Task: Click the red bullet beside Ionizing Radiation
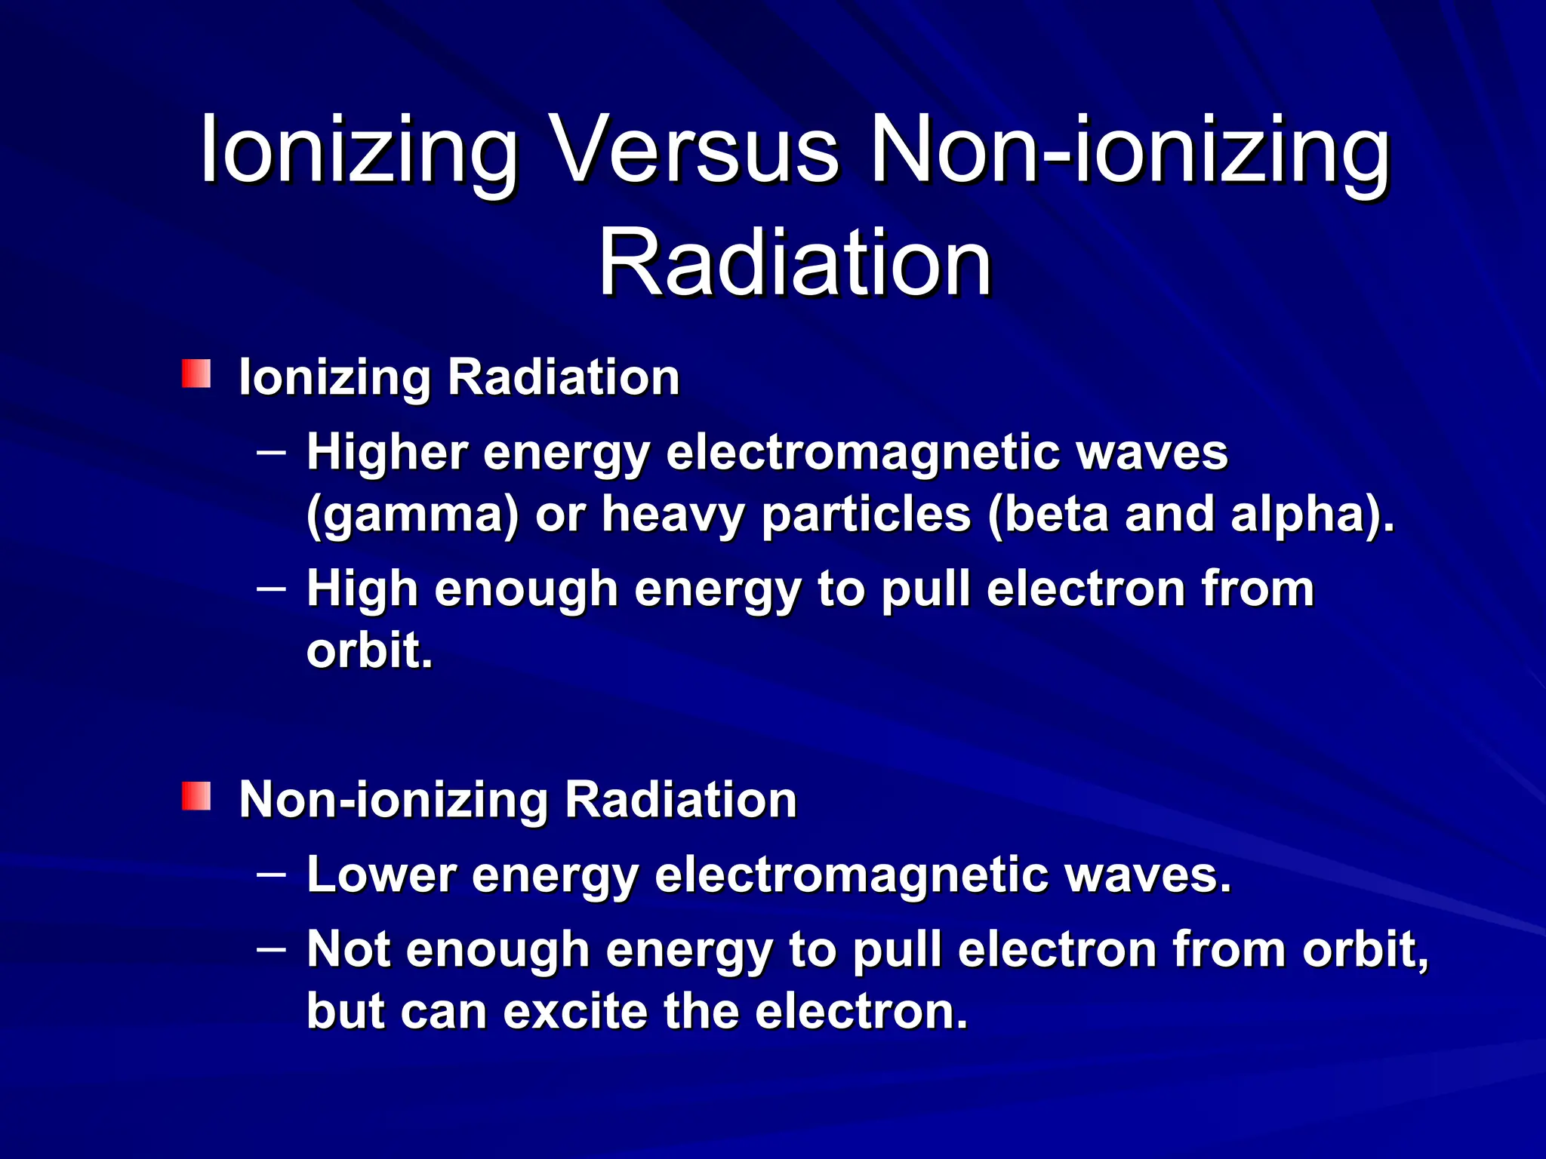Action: (x=196, y=374)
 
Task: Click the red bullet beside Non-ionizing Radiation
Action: (x=196, y=796)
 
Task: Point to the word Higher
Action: (x=387, y=453)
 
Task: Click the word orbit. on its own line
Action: (x=370, y=650)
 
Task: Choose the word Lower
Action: (x=381, y=875)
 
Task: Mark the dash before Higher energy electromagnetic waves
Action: (x=271, y=453)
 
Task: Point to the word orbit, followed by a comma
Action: (x=1366, y=949)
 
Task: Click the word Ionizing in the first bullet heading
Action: (x=334, y=377)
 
